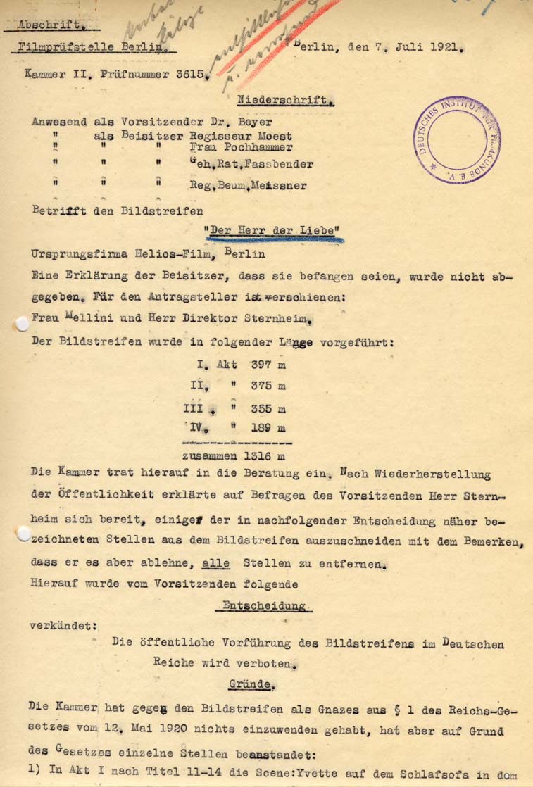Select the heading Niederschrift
click(x=275, y=101)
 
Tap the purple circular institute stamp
click(x=458, y=140)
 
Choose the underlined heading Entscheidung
click(x=263, y=605)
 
